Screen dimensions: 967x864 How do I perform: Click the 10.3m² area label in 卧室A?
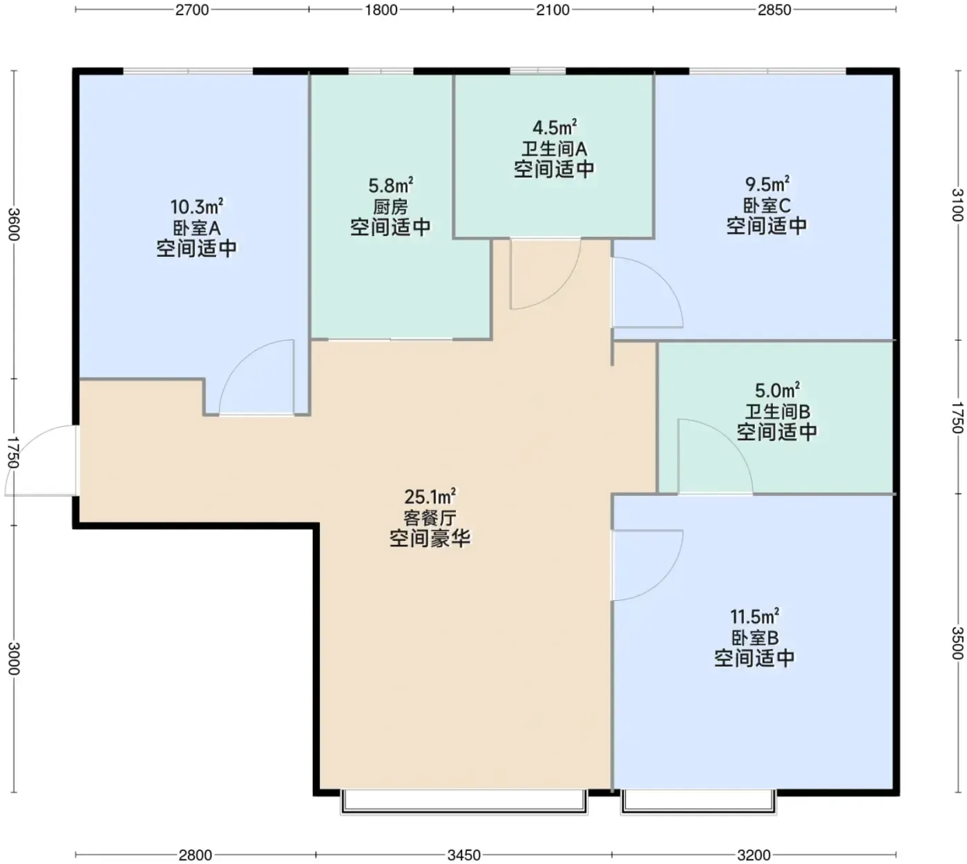[x=196, y=207]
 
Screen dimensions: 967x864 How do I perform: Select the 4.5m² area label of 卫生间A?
[x=554, y=128]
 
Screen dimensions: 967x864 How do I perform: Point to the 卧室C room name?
[x=767, y=206]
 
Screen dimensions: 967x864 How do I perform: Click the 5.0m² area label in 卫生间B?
[x=777, y=390]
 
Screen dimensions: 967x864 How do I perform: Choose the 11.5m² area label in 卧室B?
[x=754, y=617]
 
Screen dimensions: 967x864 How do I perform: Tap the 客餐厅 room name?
[x=430, y=517]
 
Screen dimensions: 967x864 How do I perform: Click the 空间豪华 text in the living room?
[x=430, y=539]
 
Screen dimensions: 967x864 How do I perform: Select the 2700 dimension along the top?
[x=192, y=10]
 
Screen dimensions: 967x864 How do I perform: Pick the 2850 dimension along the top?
[x=774, y=10]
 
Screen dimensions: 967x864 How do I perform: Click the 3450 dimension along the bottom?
[x=464, y=854]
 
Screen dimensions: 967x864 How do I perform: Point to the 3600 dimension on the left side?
[x=14, y=224]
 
